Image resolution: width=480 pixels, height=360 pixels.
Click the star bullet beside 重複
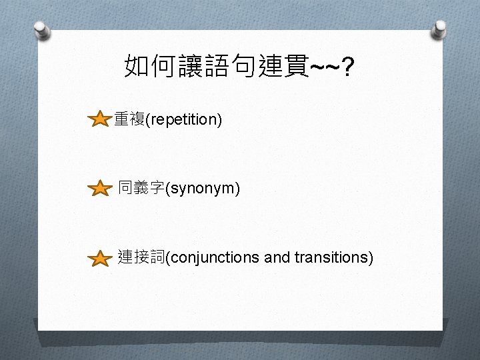[99, 120]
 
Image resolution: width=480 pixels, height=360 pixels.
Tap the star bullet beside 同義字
[100, 189]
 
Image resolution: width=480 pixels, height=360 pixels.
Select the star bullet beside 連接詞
[100, 257]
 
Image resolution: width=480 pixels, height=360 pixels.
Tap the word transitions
[330, 257]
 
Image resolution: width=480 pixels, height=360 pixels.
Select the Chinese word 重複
[129, 120]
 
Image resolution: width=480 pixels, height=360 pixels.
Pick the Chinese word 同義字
[141, 189]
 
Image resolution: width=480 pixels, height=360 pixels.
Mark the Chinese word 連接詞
[141, 257]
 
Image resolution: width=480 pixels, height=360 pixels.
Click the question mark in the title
[348, 67]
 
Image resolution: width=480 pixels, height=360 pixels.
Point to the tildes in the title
[323, 67]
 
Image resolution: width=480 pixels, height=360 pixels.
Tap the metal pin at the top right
[440, 29]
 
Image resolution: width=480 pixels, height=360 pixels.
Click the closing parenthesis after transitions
[371, 257]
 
